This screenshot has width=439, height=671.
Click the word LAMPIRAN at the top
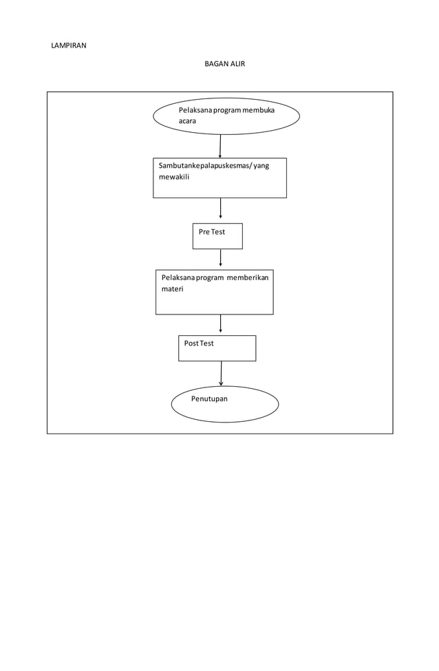[x=69, y=46]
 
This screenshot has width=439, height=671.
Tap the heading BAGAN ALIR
[x=224, y=64]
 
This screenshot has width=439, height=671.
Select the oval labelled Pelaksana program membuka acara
[x=226, y=116]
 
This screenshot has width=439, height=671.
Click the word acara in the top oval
[x=187, y=121]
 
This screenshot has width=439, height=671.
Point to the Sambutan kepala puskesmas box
[x=219, y=178]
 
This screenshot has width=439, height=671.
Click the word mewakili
[x=174, y=177]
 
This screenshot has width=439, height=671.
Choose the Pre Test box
[x=217, y=236]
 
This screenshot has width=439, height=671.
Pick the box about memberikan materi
[x=214, y=292]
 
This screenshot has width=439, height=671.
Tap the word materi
[x=172, y=289]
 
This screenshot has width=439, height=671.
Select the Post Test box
[x=217, y=348]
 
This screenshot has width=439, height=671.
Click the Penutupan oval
[x=224, y=404]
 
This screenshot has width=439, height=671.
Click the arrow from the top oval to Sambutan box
[x=220, y=146]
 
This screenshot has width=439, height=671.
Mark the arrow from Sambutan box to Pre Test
[x=220, y=208]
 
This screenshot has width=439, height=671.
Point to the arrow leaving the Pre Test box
[x=220, y=258]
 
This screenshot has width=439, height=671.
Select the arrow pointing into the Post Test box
[x=220, y=324]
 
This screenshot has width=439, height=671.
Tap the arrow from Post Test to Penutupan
[x=221, y=373]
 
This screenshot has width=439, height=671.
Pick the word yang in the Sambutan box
[x=261, y=166]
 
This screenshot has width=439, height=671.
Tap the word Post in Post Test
[x=191, y=343]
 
